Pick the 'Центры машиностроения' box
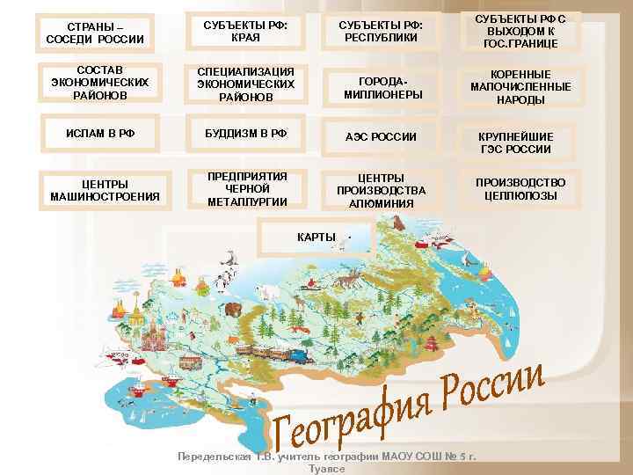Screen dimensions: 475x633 click(99, 188)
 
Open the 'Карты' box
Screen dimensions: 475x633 click(316, 237)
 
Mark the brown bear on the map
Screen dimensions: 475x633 click(234, 310)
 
